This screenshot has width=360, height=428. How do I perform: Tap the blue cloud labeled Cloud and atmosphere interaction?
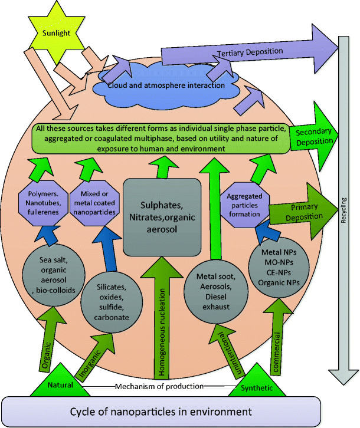166,86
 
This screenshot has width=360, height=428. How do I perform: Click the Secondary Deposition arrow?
312,136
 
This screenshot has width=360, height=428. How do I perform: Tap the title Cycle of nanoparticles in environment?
161,411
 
